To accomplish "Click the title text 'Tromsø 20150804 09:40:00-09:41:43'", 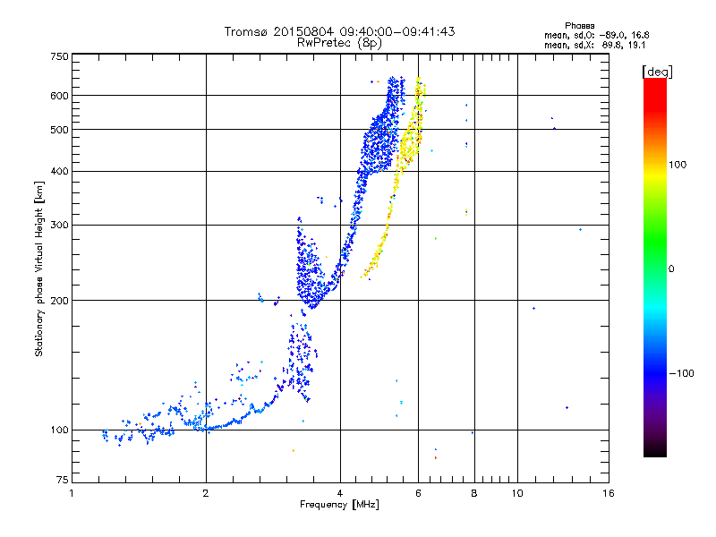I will click(339, 31).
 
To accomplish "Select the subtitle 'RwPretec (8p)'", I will click(339, 42).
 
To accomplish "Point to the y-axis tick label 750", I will click(59, 56).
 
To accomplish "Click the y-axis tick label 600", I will click(59, 96).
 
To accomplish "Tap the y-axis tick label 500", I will click(59, 130).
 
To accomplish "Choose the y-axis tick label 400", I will click(59, 172).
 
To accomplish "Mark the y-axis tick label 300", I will click(59, 226).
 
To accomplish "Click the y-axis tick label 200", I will click(59, 301).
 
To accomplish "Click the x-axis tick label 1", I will click(72, 493).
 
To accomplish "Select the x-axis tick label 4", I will click(340, 493).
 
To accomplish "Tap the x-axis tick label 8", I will click(474, 493).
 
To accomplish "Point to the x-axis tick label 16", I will click(608, 493).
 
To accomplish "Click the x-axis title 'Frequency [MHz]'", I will click(339, 505).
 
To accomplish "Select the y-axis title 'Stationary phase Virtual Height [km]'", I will click(39, 268).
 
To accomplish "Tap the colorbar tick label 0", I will click(671, 268).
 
